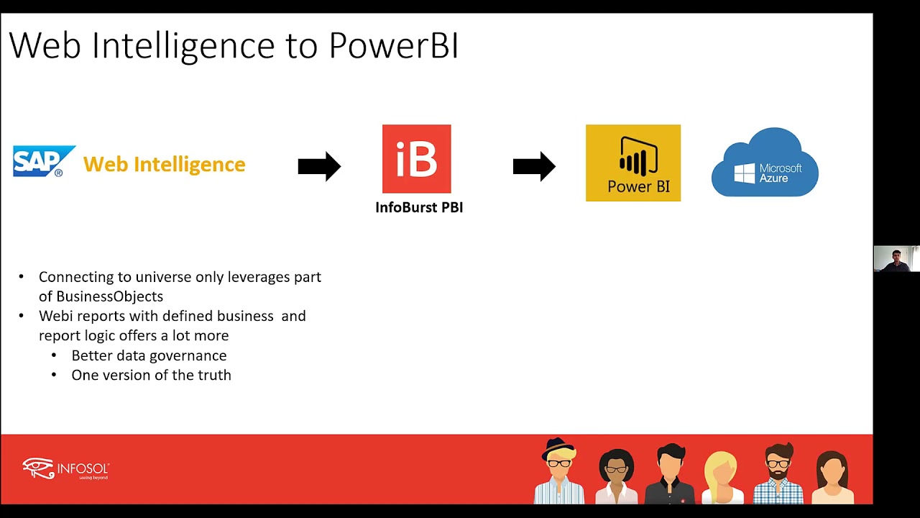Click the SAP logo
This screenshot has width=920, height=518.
tap(43, 162)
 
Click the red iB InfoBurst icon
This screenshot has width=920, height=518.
tap(416, 159)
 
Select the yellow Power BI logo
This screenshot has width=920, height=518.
tap(632, 163)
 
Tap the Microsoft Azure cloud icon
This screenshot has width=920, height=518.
tap(765, 164)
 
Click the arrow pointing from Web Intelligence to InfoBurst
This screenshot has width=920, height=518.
tap(319, 166)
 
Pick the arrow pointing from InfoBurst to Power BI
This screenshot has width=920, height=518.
tap(534, 166)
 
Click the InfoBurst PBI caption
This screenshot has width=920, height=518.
tap(419, 207)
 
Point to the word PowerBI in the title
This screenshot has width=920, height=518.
tap(393, 45)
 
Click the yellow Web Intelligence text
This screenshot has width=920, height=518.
tap(164, 164)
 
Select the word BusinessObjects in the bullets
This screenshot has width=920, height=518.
tap(109, 296)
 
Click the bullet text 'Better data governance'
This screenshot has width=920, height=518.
tap(149, 355)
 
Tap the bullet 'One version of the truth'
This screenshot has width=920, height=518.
tap(151, 375)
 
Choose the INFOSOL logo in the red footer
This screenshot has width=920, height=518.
tap(65, 468)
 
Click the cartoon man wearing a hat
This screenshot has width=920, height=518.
tap(559, 472)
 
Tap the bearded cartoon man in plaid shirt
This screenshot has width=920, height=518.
tap(778, 473)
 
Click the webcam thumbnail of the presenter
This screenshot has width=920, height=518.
tap(896, 259)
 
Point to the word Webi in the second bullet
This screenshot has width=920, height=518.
tap(55, 316)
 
